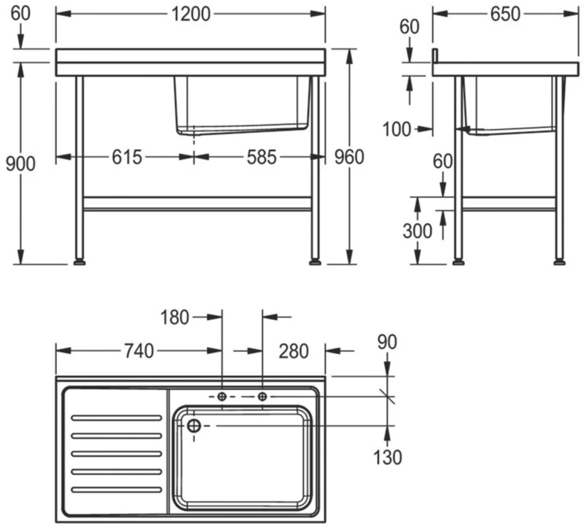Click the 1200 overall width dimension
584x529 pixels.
point(191,14)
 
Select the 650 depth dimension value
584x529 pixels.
point(505,14)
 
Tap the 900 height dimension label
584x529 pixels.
point(20,164)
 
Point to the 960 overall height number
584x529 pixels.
point(347,157)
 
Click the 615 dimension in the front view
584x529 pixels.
point(127,157)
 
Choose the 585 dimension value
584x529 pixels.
point(260,157)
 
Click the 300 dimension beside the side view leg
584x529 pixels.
point(418,231)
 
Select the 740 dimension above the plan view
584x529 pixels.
point(138,351)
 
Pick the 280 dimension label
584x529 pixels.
point(293,351)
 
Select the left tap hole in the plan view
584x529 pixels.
point(222,397)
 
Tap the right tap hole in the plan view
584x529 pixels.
point(262,397)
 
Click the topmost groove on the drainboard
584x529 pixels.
point(116,417)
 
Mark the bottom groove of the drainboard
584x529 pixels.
point(116,489)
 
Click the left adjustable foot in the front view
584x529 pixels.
point(79,262)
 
